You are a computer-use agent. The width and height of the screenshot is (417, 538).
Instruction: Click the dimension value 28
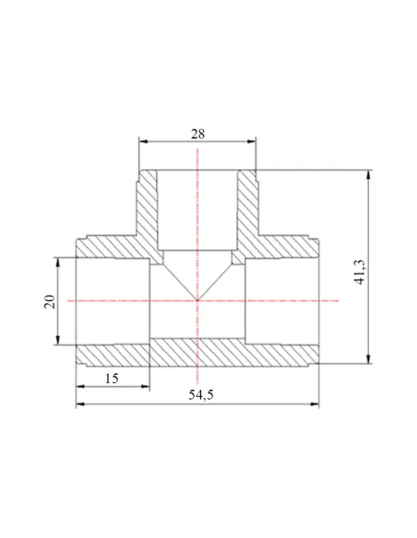click(197, 134)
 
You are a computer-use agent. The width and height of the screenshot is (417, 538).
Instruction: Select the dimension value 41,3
click(361, 272)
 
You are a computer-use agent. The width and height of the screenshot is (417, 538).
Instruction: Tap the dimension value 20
click(50, 301)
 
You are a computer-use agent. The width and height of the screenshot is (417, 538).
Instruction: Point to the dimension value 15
click(112, 379)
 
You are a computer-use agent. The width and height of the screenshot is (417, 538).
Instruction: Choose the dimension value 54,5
click(201, 395)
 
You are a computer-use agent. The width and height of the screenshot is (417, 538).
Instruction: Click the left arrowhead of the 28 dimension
click(143, 141)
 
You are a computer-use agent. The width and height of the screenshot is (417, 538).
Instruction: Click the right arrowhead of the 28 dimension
click(252, 141)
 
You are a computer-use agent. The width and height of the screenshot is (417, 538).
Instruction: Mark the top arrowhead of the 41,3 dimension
click(369, 174)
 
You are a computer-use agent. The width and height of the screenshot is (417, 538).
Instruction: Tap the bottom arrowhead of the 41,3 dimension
click(369, 359)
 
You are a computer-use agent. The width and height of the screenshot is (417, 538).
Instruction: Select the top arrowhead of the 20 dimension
click(58, 262)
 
